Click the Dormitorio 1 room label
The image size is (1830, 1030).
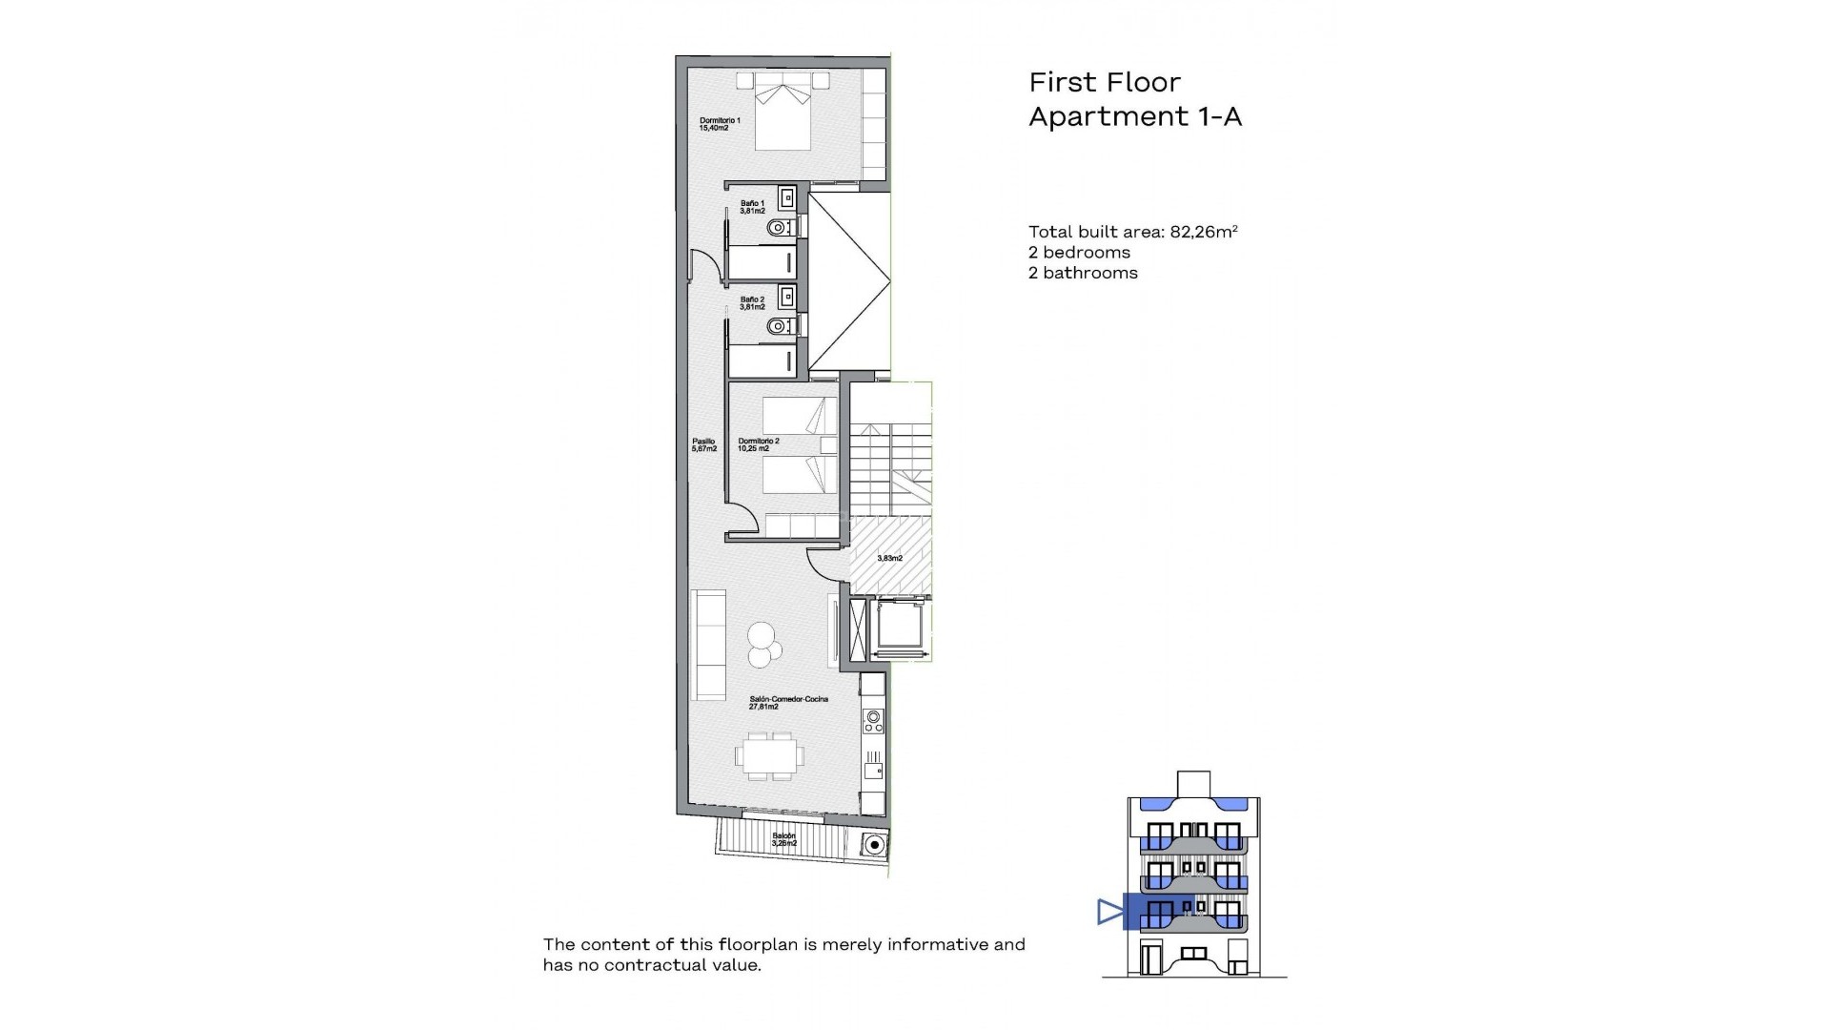[x=720, y=123]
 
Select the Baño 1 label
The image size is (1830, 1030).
[x=752, y=206]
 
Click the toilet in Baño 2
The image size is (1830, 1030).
[x=779, y=326]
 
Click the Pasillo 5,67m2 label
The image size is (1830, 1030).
[x=703, y=444]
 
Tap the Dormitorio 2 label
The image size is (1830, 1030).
[x=758, y=444]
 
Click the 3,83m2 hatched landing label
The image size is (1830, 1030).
[x=889, y=558]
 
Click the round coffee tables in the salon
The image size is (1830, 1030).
[x=763, y=644]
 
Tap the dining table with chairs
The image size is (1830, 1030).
[x=769, y=755]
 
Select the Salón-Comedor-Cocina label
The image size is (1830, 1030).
[x=788, y=703]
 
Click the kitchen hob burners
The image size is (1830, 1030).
[x=205, y=717]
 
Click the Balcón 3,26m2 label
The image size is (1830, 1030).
[x=783, y=839]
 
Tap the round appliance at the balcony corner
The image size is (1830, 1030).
[x=874, y=843]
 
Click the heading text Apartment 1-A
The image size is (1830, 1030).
[x=1135, y=117]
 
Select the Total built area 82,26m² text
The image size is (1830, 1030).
[x=1132, y=232]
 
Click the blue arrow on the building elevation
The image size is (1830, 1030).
[x=1109, y=912]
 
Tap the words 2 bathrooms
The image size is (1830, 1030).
[x=1083, y=273]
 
